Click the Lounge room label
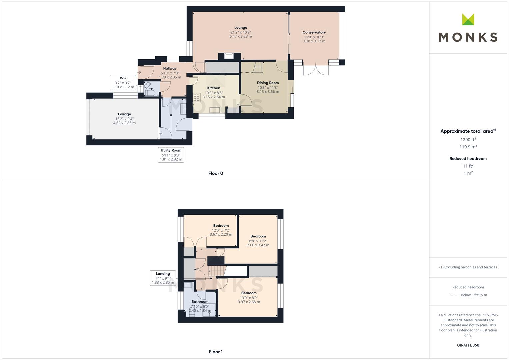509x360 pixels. click(241, 27)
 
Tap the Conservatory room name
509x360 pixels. click(314, 32)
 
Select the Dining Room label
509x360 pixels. click(268, 83)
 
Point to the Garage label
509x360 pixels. click(124, 114)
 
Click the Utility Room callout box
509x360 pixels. click(171, 155)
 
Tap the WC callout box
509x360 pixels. click(123, 83)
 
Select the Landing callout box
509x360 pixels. click(163, 278)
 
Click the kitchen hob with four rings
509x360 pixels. click(197, 98)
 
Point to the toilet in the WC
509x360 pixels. click(150, 93)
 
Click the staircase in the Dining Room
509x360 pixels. click(258, 67)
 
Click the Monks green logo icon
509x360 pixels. click(468, 19)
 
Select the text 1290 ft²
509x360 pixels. click(468, 140)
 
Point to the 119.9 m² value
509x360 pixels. click(468, 147)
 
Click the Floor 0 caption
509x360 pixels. click(216, 173)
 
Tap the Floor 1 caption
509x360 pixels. click(216, 352)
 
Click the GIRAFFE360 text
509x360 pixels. click(468, 345)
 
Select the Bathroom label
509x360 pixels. click(200, 302)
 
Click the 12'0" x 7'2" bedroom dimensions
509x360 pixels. click(221, 230)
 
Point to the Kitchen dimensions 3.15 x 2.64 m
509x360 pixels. click(214, 97)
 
